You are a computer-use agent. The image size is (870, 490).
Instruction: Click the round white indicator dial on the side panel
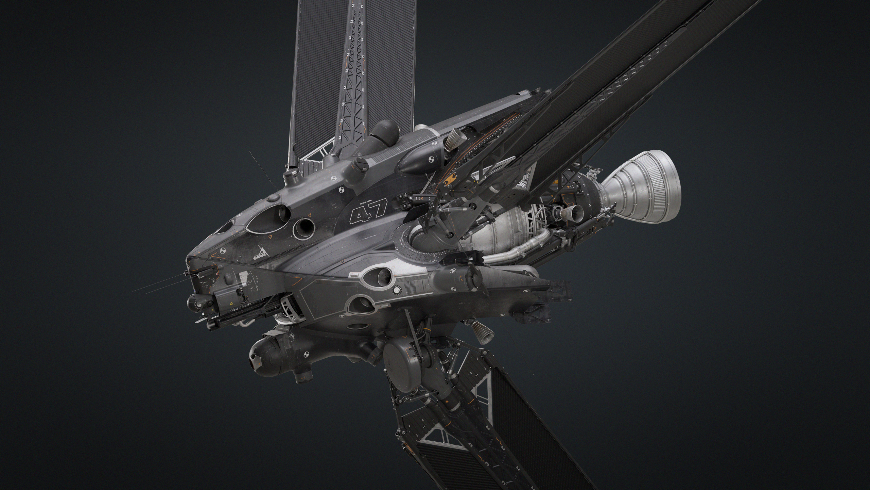(x=397, y=290)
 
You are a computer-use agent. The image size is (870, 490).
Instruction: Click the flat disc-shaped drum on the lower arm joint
(x=403, y=371)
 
